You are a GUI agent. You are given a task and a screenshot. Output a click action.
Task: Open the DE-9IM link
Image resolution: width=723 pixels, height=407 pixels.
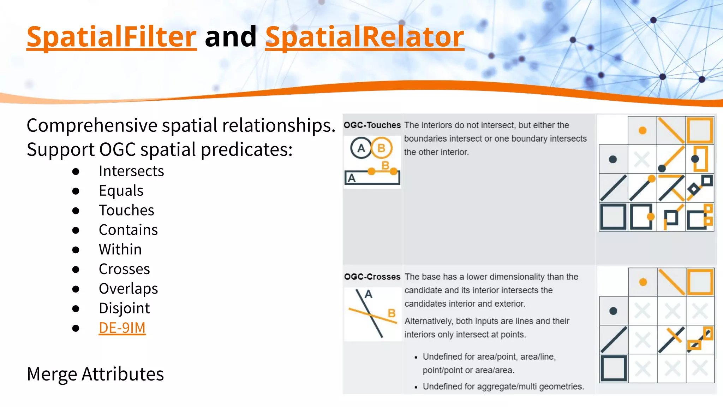pos(122,328)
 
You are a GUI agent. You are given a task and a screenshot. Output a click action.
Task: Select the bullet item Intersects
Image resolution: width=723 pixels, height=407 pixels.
pos(131,171)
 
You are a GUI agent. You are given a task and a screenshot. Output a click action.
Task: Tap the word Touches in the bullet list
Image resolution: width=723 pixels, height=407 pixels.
pos(126,210)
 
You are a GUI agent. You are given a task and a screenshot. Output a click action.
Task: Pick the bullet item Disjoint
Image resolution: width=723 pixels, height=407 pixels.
pos(124,308)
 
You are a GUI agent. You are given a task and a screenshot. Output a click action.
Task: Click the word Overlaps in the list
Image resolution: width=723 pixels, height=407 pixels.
pos(128,289)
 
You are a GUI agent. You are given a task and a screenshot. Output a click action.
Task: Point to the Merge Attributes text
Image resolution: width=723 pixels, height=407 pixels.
pos(95,374)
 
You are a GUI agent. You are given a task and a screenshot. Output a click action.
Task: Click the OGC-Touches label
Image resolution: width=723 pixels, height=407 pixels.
pos(372,125)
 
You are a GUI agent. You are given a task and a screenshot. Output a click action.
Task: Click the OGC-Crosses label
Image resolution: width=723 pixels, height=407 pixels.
pos(372,277)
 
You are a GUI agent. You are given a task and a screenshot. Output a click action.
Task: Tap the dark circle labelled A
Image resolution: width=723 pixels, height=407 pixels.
pos(361,148)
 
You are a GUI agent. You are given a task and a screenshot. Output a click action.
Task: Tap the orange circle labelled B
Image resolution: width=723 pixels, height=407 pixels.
pos(382,148)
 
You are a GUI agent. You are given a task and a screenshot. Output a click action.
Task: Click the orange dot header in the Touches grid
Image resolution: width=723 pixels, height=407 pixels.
pos(643,130)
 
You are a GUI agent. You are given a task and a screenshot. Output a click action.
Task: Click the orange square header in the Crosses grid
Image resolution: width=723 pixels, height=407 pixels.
pos(700,282)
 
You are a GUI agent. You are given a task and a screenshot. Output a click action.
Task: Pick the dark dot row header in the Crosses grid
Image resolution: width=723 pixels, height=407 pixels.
pos(614,311)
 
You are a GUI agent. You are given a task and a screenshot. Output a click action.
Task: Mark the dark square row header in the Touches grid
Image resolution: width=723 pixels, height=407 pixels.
pos(614,217)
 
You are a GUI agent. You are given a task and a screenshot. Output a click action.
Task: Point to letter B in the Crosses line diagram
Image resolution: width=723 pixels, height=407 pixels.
pos(392,313)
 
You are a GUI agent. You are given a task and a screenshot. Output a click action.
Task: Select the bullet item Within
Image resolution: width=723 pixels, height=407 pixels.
pos(120,249)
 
